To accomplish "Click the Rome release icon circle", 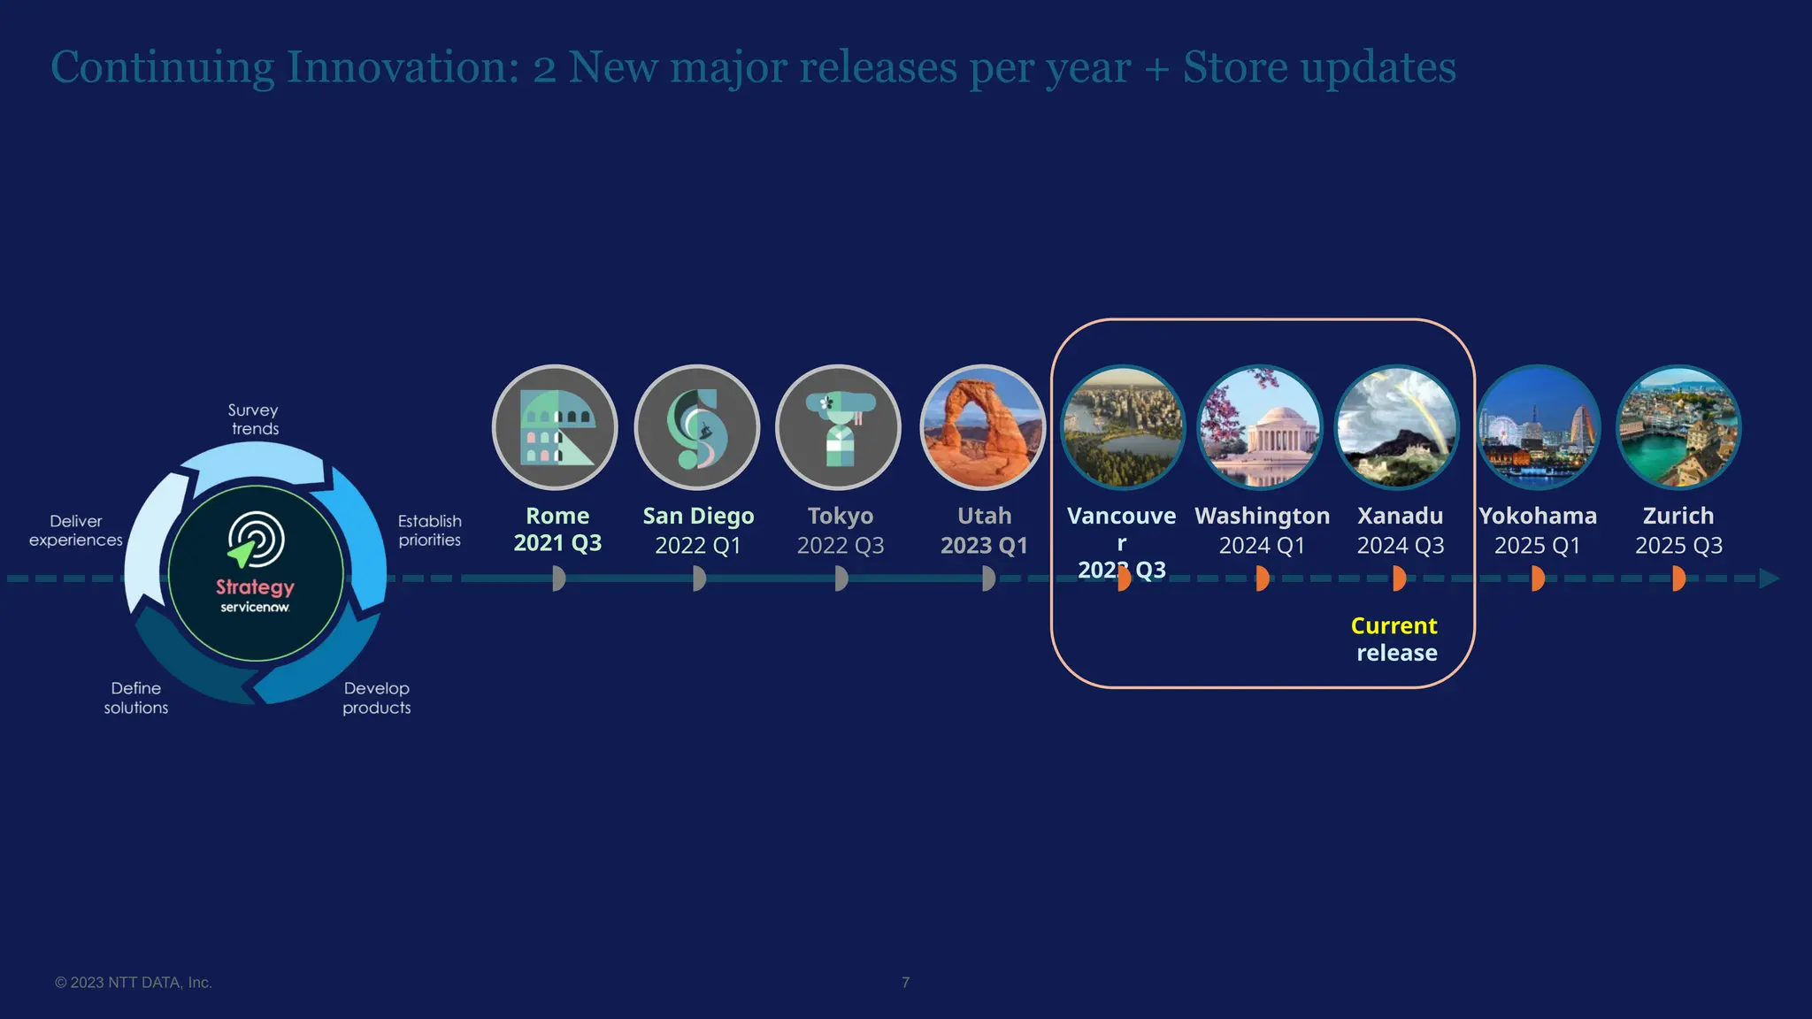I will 555,427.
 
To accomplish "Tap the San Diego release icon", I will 697,427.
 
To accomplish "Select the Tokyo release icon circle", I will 839,427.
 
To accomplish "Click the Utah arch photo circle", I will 982,427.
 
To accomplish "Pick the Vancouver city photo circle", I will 1123,427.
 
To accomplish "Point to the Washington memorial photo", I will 1260,427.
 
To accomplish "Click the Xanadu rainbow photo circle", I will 1397,427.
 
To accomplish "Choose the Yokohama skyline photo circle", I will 1539,427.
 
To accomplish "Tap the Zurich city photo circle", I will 1678,427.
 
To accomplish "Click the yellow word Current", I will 1394,626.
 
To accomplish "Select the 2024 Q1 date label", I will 1262,546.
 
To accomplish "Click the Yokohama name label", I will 1538,516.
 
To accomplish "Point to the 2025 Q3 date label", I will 1678,546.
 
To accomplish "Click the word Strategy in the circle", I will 255,587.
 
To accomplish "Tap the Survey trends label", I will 254,419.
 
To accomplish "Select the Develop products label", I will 377,698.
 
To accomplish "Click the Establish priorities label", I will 430,531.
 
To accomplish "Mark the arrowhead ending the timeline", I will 1769,578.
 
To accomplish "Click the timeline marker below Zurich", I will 1678,578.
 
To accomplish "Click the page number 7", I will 905,983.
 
